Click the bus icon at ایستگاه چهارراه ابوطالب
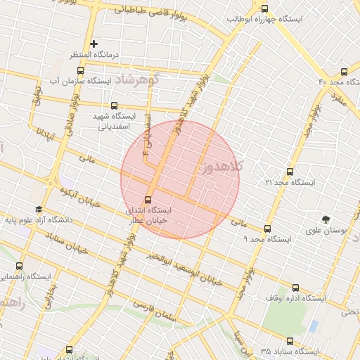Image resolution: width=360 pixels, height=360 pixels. click(264, 9)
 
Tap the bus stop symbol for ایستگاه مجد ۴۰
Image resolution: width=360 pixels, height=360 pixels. click(344, 71)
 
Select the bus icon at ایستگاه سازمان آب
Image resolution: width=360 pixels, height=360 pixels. click(80, 70)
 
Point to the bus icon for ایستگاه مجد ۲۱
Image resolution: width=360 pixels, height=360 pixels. click(290, 171)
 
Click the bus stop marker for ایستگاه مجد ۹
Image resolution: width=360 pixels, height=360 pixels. click(267, 229)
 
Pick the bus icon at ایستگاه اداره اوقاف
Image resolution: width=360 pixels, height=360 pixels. click(295, 288)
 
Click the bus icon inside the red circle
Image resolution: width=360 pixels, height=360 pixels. click(148, 199)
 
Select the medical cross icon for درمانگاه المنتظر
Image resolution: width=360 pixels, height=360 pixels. click(94, 44)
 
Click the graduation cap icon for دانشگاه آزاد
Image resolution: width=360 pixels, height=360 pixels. click(38, 209)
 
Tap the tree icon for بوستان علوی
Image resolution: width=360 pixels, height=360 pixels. click(325, 219)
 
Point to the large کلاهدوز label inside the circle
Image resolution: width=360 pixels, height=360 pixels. click(221, 166)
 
